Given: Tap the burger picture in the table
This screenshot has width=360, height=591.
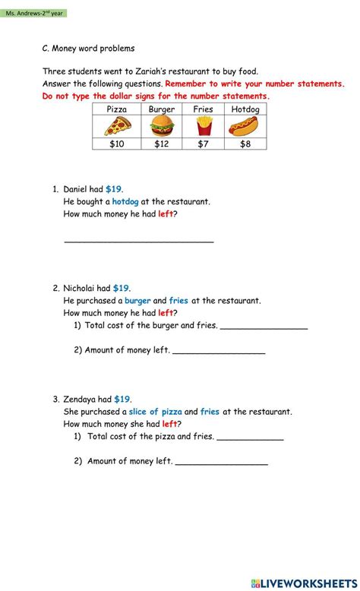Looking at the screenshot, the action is click(161, 126).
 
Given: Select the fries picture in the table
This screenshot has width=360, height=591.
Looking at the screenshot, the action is click(203, 126).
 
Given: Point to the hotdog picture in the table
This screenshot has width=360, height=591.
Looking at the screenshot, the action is click(245, 126).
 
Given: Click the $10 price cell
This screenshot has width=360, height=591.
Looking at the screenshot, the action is click(116, 144).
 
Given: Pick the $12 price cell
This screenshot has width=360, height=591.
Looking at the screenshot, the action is click(161, 144).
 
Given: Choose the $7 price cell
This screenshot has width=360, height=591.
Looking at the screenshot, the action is click(203, 144).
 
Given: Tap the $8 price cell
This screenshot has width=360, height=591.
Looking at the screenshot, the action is click(245, 144).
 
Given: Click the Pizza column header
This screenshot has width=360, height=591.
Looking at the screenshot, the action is click(116, 109).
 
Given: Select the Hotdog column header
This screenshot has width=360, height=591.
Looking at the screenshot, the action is click(245, 109).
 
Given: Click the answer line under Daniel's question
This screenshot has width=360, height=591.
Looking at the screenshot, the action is click(139, 241).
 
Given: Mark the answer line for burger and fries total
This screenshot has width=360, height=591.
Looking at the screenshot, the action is click(264, 328).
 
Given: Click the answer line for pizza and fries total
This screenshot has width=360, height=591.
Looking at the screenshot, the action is click(250, 439).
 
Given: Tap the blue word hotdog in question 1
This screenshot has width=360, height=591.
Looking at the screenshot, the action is click(125, 202).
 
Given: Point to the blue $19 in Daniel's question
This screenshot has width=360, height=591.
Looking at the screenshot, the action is click(114, 189).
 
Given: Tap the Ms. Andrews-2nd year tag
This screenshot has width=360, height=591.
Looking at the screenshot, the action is click(35, 13).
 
